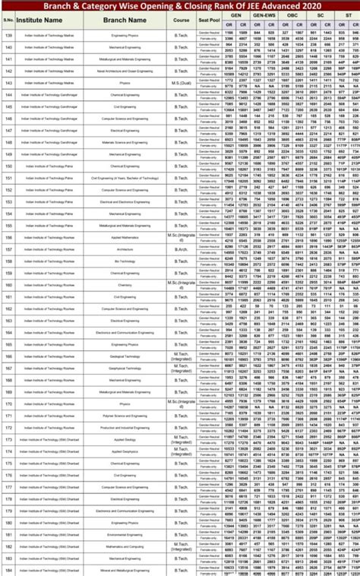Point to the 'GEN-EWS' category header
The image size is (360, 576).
(x=264, y=14)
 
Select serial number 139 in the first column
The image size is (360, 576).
(x=8, y=35)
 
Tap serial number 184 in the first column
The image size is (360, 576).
(x=8, y=570)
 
